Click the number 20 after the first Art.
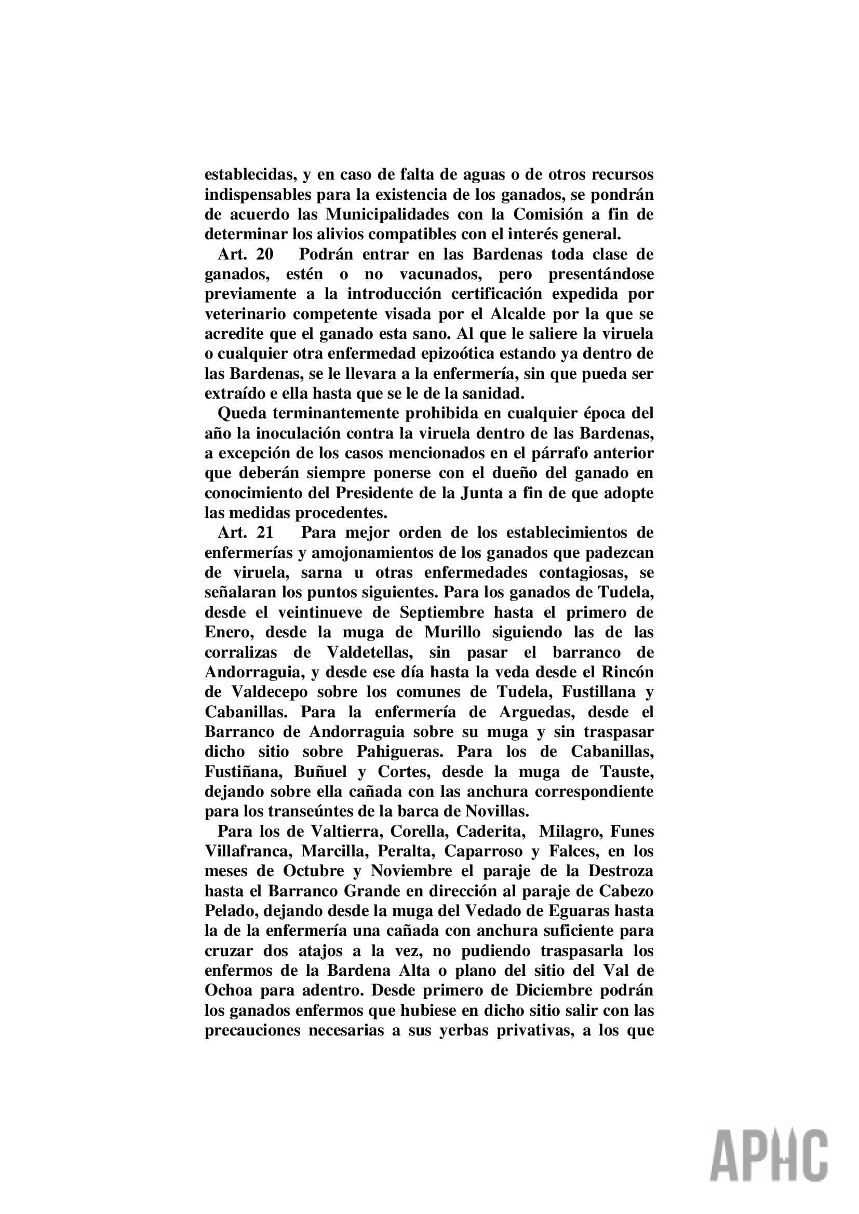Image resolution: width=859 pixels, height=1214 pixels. point(264,254)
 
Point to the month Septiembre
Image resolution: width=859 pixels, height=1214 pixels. point(441,612)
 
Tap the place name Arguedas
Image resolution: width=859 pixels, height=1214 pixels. point(536,712)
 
